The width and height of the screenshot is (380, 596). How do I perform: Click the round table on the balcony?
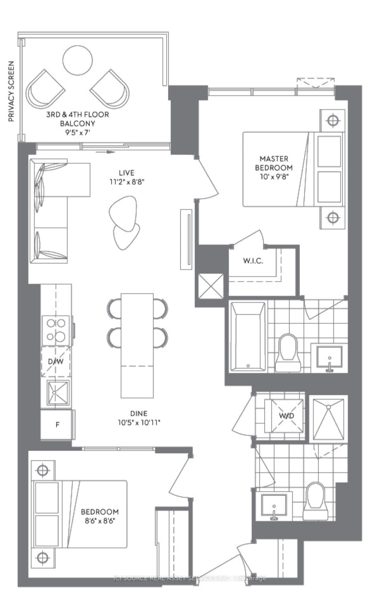(x=77, y=61)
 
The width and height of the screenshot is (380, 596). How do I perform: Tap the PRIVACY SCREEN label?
(x=11, y=91)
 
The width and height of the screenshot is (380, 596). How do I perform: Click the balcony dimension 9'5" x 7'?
(x=77, y=132)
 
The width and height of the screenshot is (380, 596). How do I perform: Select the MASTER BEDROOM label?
(x=274, y=163)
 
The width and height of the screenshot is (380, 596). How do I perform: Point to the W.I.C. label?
(x=253, y=261)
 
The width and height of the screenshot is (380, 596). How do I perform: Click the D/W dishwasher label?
(x=56, y=362)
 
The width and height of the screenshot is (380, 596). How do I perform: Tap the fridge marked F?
(x=57, y=425)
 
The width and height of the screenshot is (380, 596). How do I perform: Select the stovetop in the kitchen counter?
(x=56, y=330)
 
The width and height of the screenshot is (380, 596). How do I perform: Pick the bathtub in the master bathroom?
(x=248, y=337)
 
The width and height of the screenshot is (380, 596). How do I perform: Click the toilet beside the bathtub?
(x=288, y=352)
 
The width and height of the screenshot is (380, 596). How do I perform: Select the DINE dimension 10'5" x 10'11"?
(x=139, y=423)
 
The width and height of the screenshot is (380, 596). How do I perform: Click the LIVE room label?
(x=127, y=173)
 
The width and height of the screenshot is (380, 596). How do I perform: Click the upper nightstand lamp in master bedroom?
(x=333, y=120)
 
